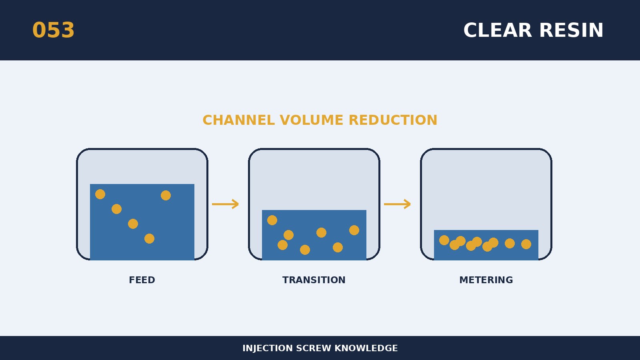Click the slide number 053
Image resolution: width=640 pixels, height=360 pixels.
click(x=54, y=30)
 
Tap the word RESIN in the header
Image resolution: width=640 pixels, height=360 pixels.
click(x=571, y=30)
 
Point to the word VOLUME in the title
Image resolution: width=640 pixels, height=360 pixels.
click(x=312, y=120)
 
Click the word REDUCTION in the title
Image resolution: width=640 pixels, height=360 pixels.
click(x=393, y=120)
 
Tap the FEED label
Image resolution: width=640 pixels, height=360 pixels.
click(x=142, y=280)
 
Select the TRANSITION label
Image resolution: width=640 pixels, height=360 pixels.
click(x=314, y=280)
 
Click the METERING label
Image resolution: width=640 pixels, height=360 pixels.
click(x=486, y=280)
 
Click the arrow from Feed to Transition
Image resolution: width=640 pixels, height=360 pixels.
click(x=226, y=204)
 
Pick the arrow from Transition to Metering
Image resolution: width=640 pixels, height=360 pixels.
click(x=398, y=204)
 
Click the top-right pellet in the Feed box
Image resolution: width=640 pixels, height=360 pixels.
click(x=166, y=196)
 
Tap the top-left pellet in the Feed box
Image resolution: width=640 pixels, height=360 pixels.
click(x=100, y=194)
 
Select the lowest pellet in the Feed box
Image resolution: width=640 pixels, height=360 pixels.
click(x=150, y=238)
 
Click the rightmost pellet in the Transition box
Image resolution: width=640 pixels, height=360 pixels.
click(x=354, y=230)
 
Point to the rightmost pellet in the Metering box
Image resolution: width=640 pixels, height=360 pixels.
click(x=526, y=244)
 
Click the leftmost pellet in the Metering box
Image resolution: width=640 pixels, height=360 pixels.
click(x=444, y=240)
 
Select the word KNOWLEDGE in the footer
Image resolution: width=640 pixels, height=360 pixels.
click(x=366, y=348)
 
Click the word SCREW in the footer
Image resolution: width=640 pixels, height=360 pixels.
click(x=314, y=348)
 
